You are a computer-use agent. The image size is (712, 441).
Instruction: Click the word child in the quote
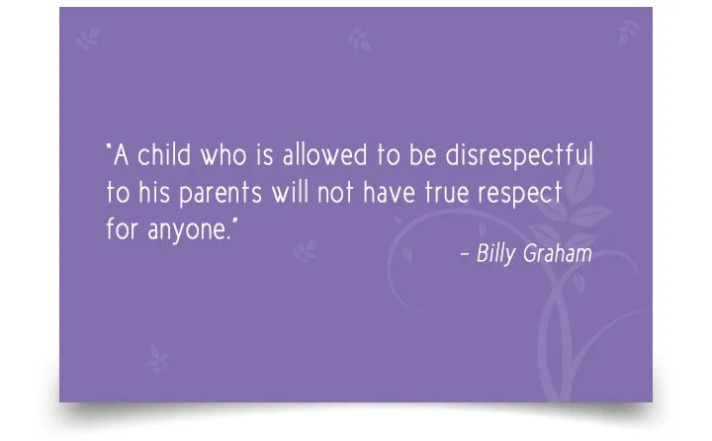164,154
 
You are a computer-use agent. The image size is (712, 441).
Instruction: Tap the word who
223,155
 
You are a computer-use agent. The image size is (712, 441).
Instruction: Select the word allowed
324,154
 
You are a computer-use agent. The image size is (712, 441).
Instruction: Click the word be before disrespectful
423,154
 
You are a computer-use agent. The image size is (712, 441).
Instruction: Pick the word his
154,192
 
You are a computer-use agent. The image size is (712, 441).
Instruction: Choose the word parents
221,194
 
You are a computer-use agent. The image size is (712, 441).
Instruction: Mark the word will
290,192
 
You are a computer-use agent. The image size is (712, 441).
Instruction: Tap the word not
335,193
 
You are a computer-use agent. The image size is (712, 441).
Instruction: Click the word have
390,192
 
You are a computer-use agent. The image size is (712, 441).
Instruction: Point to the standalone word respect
520,194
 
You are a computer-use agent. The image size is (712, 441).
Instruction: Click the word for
122,228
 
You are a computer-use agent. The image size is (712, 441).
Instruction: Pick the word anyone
187,231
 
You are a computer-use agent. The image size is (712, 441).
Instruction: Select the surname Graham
558,253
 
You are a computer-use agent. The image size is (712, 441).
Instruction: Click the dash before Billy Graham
465,254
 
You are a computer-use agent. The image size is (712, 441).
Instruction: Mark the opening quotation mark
109,146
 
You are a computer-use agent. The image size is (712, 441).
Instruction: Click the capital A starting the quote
121,155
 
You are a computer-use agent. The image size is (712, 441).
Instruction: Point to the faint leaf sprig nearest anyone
305,251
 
